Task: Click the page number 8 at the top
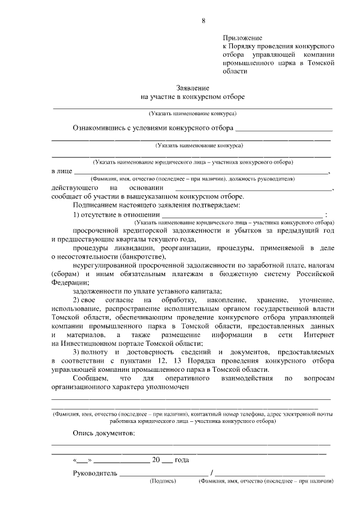[x=204, y=21]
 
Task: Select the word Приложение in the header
[x=240, y=37]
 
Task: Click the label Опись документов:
[x=104, y=434]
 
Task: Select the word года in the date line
[x=182, y=460]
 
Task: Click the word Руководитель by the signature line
[x=95, y=472]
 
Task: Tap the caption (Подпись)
[x=163, y=482]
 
